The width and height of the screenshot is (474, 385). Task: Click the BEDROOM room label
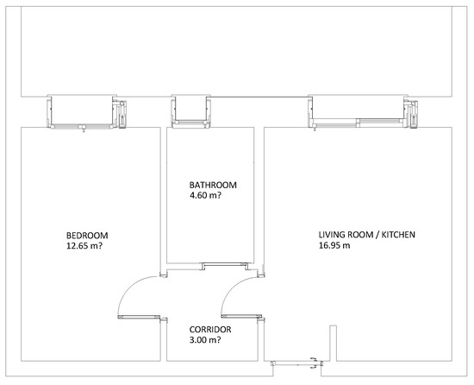(87, 235)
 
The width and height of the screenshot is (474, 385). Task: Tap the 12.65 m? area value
(84, 245)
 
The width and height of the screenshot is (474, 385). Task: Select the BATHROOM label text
(213, 185)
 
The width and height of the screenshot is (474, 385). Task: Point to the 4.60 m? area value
(205, 195)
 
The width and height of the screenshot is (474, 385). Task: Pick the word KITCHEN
(398, 235)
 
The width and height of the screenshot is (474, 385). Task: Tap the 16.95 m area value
(334, 245)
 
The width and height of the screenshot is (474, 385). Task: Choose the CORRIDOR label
(210, 329)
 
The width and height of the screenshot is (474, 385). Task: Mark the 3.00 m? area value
(205, 340)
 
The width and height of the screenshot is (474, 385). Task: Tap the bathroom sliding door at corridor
(225, 266)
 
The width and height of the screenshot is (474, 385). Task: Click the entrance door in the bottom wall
(296, 363)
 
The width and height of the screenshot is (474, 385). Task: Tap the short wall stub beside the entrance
(333, 343)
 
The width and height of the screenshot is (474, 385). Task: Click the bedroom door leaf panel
(139, 317)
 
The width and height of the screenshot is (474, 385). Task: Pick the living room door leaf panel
(241, 316)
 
